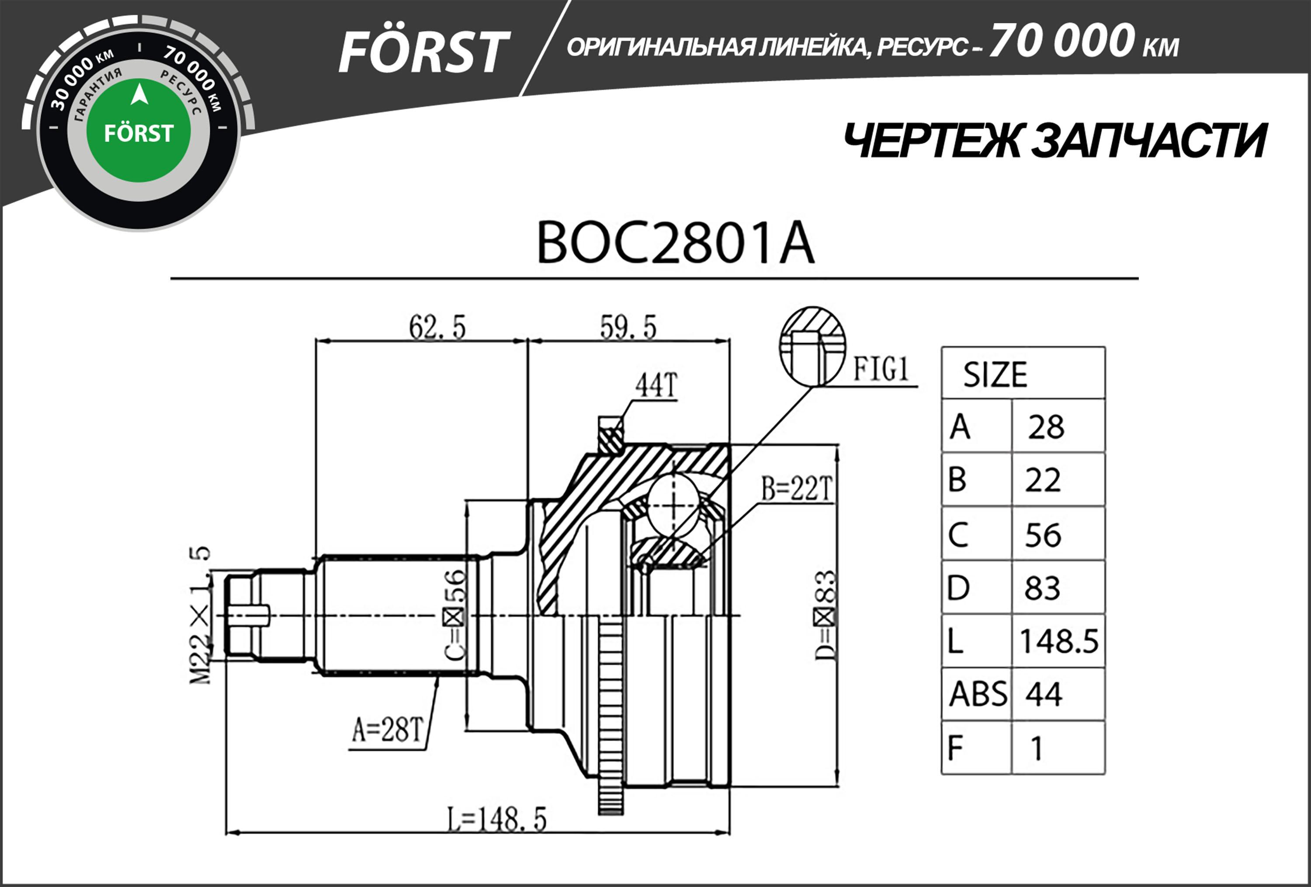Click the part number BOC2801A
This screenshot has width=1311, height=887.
[675, 243]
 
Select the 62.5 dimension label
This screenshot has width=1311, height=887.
[437, 327]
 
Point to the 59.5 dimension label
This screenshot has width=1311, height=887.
[628, 327]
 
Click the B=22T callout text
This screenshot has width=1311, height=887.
[797, 489]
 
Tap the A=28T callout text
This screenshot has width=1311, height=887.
[388, 729]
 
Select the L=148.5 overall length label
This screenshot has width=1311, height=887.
[497, 819]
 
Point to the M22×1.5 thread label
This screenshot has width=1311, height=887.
[200, 615]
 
